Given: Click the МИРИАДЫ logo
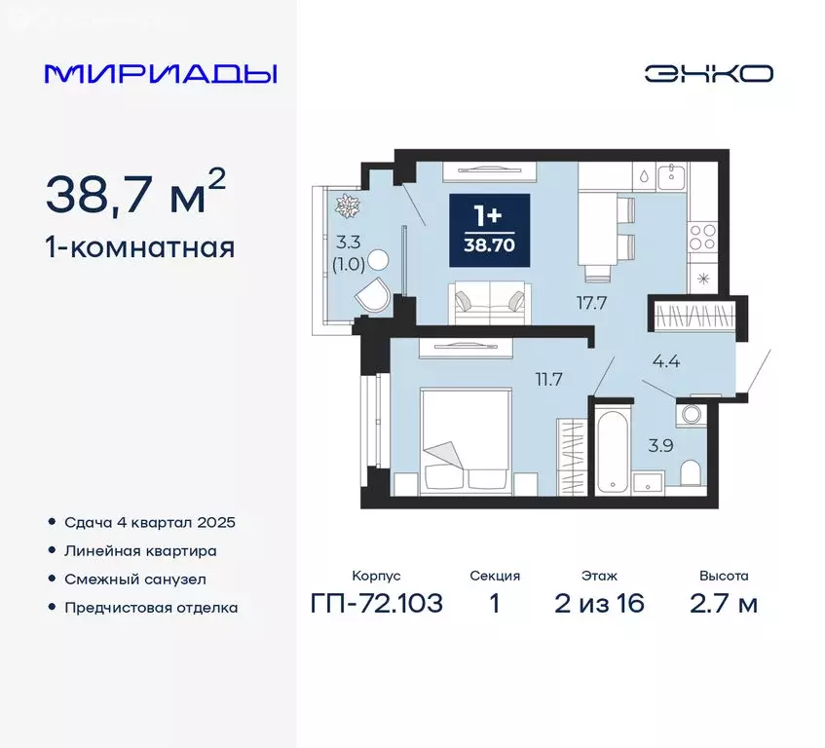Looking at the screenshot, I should pos(161,73).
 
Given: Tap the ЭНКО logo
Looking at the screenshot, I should pos(708,74).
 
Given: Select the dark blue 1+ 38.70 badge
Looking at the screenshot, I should pos(490,230).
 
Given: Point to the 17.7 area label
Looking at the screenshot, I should pos(591,303).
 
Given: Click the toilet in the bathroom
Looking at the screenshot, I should pos(691,472).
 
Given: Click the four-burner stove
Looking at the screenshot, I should pos(702,237).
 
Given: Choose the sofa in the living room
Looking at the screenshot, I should pos(491,300).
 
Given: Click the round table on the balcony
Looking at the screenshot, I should pos(379,260).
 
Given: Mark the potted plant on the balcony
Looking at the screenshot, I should pos(346,206).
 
